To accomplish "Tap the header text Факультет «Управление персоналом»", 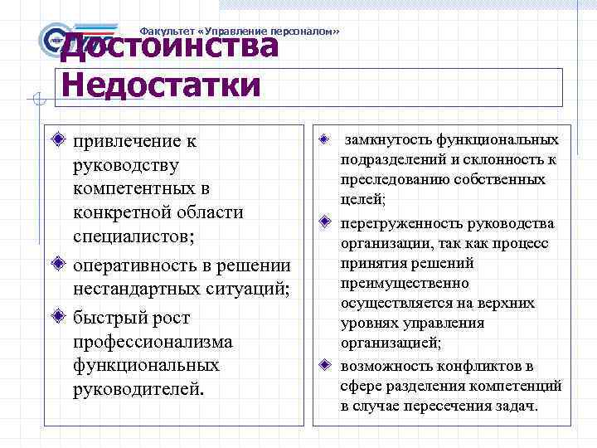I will [240, 31].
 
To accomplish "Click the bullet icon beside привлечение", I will [56, 139].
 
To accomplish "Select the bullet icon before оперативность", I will [56, 265].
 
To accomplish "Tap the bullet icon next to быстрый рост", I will [56, 317].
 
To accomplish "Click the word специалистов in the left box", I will [133, 236].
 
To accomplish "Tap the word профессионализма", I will [153, 341].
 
